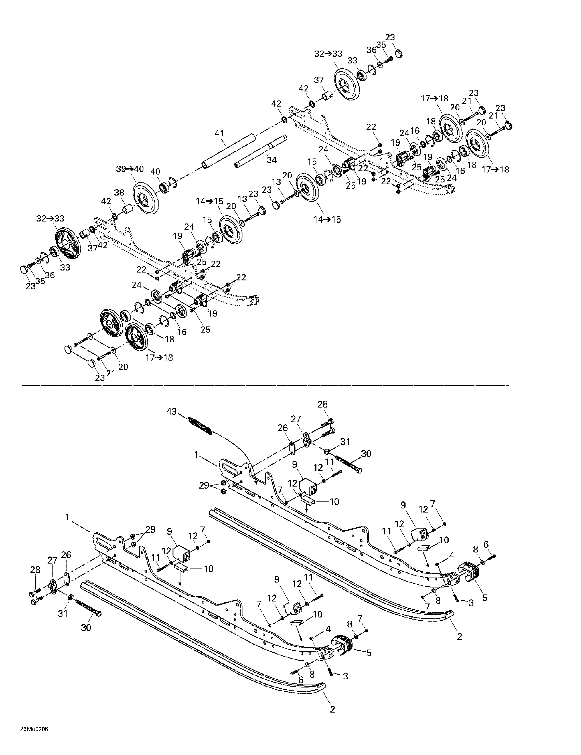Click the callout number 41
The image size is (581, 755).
point(219,133)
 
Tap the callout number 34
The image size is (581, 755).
point(272,160)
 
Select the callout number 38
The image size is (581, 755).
point(119,193)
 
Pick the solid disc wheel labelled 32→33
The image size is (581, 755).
point(346,85)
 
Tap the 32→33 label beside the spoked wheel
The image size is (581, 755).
point(50,219)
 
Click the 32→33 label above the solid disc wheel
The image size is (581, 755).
point(328,54)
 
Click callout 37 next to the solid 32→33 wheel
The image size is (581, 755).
point(318,80)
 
